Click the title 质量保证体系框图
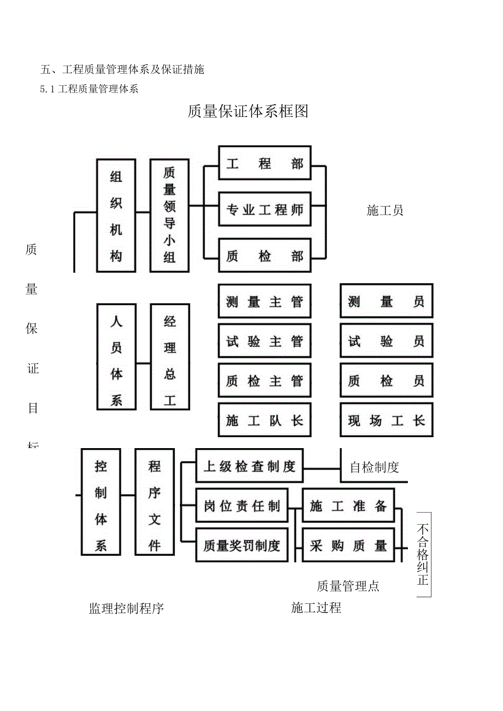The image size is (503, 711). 248,111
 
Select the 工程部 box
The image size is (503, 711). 265,163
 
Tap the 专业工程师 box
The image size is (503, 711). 265,209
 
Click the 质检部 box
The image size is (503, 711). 265,256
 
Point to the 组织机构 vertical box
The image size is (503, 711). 116,216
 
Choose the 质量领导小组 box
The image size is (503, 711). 169,216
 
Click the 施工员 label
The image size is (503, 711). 385,210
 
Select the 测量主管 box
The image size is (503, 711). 265,302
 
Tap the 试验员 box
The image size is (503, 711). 386,342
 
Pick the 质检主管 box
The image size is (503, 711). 265,381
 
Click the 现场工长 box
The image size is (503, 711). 386,421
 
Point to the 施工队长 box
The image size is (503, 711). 265,421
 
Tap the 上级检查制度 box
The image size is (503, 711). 249,467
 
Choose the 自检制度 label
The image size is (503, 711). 375,467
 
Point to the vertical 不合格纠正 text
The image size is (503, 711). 423,555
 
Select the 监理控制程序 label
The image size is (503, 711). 126,608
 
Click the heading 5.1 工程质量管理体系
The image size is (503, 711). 89,90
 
